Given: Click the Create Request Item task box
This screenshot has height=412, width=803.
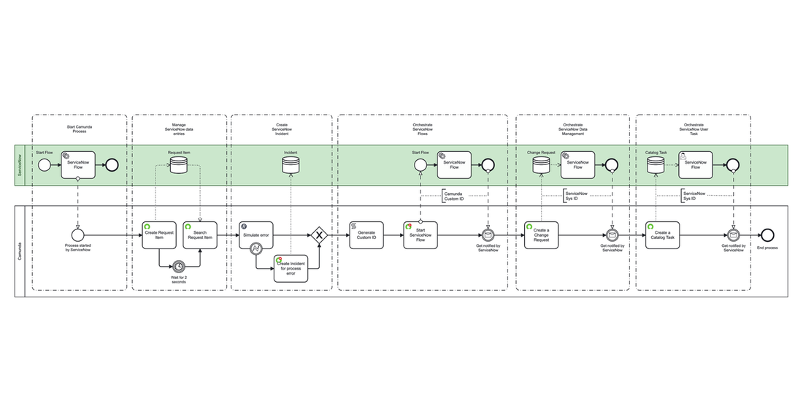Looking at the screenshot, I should [x=159, y=235].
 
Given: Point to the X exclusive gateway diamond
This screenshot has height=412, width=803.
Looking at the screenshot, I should [x=319, y=235].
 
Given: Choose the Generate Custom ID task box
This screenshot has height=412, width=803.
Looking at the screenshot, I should [x=366, y=235].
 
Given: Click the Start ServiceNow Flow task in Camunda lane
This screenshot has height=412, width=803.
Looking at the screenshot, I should [x=420, y=235].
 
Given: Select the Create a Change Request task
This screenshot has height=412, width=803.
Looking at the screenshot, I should [x=541, y=235].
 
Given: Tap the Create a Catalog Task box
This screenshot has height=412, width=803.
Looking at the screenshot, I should [x=663, y=235].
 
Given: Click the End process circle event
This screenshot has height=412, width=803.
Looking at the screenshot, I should [x=767, y=235].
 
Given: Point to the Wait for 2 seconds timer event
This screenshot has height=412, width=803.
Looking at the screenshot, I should [x=179, y=267].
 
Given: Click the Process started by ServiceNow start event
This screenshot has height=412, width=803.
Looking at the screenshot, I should [x=76, y=235].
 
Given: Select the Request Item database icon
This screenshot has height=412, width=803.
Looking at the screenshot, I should [x=179, y=167].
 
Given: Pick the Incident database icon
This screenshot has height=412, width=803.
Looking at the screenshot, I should [x=291, y=167].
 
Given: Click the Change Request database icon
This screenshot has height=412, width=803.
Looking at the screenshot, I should [x=541, y=167].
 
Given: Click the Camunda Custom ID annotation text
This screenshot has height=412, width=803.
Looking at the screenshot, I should [x=453, y=196].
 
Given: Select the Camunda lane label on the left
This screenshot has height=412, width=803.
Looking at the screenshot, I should [x=20, y=251].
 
